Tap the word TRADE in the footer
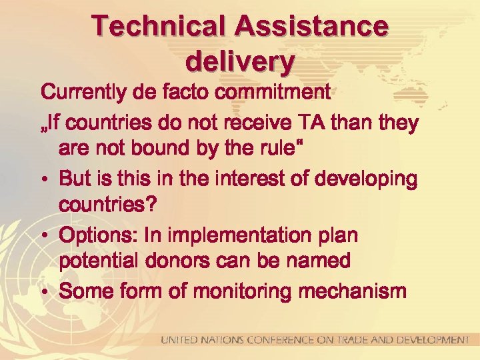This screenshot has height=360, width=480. point(356,340)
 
